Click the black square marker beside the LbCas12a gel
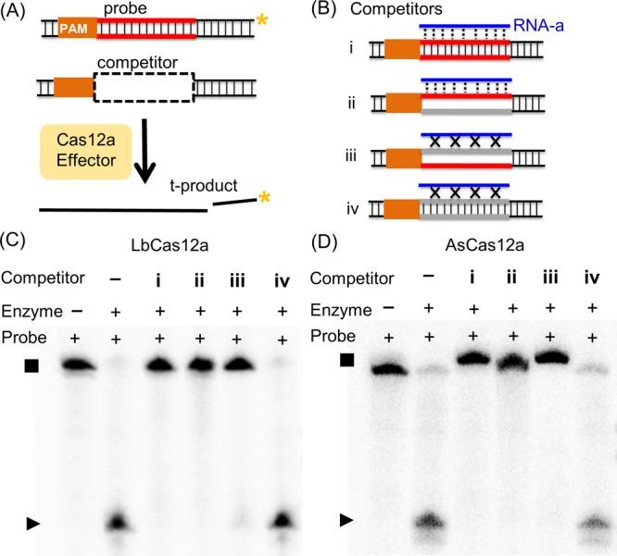click(x=31, y=366)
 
